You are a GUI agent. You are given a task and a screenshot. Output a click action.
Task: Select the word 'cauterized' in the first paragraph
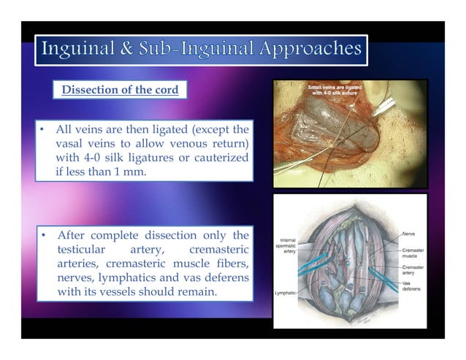[219, 159]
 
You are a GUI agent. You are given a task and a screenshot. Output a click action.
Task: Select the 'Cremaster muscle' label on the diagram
[411, 253]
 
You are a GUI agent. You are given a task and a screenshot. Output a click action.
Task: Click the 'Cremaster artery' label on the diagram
[411, 270]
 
